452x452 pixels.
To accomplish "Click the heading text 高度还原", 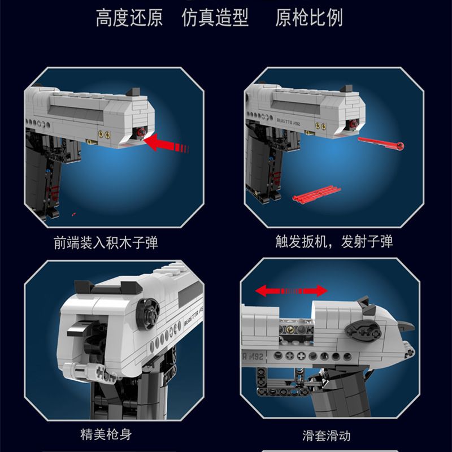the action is coord(129,18).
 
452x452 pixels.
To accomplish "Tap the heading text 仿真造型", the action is coord(215,18).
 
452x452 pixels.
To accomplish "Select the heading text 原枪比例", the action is coord(309,18).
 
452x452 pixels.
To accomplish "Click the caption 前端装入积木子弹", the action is coord(106,243).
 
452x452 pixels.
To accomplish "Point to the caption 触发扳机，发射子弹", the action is coord(334,242).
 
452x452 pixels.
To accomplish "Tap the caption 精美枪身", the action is coord(106,434).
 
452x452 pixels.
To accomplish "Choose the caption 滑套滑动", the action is coord(327,436).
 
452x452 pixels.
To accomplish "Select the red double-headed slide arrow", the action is coord(292,290).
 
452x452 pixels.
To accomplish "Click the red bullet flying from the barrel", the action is coord(381,143).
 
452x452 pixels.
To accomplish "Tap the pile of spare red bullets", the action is coord(316,193).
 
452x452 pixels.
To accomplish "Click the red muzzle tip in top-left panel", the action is coord(141,132).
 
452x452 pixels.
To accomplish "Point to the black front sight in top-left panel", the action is coord(133,92).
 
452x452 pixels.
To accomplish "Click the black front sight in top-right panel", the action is coord(347,89).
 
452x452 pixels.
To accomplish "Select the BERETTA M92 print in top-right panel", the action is coord(289,121).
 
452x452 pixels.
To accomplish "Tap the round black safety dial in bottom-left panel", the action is coord(147,314).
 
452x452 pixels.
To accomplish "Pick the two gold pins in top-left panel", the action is coord(104,134).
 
